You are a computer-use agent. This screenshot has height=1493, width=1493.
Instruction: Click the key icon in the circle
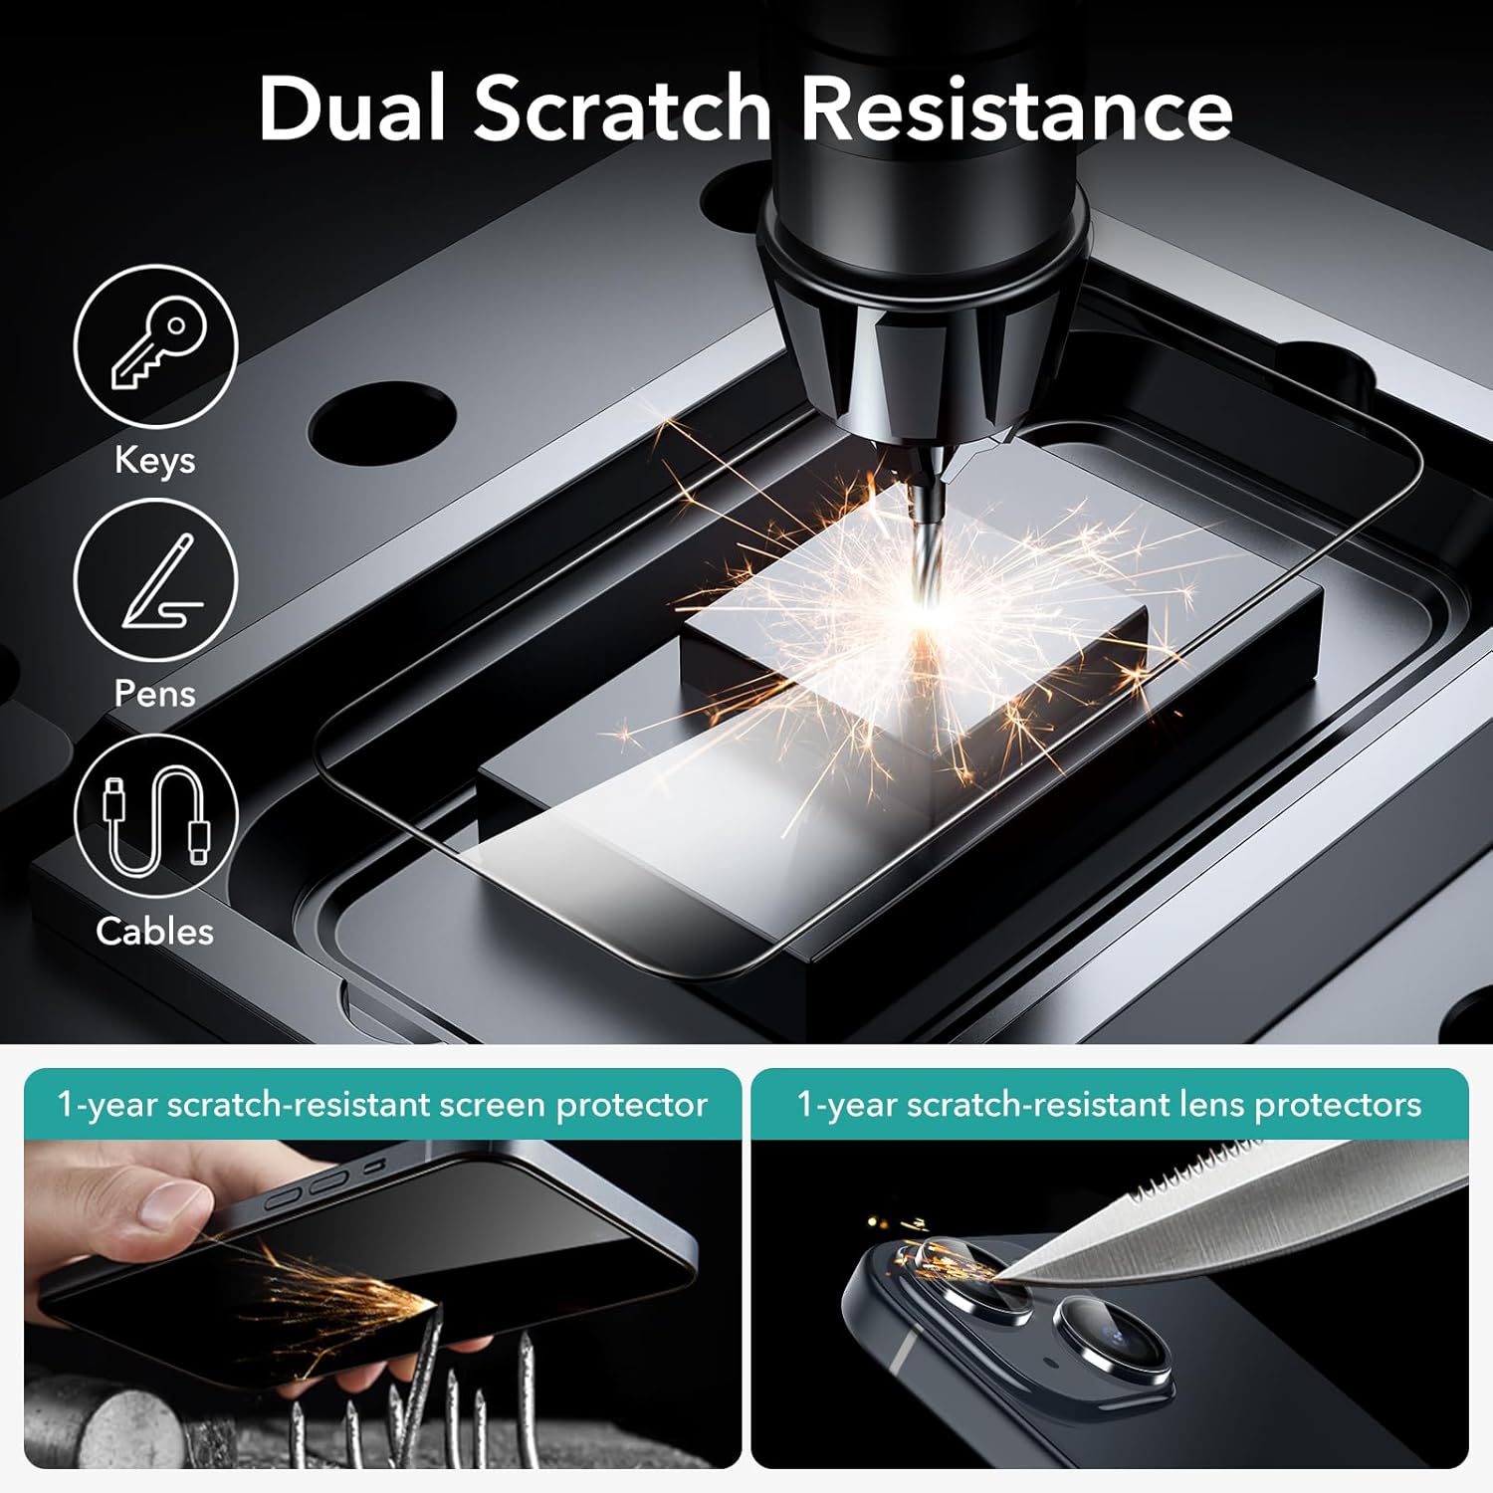tap(158, 343)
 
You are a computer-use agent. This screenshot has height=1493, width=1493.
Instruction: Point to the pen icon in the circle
tap(159, 581)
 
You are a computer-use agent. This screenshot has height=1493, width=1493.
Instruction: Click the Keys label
tap(154, 461)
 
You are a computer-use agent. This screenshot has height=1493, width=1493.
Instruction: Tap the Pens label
tap(154, 693)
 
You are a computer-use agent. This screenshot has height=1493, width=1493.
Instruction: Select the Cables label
tap(154, 931)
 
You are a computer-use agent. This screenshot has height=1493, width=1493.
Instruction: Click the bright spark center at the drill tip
tap(926, 602)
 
